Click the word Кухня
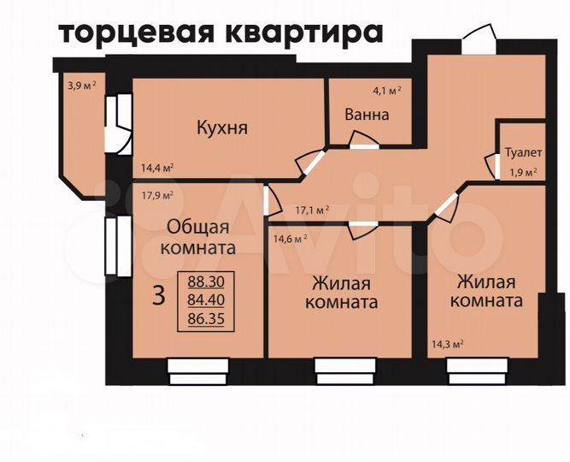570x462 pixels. point(221,128)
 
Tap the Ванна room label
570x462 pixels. point(367,115)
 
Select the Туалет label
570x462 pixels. point(522,153)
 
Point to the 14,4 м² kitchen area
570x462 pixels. point(157,168)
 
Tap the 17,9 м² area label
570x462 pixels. point(157,193)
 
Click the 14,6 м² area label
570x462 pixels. point(289,240)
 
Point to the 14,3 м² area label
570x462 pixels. point(445,345)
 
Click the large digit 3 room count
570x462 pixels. point(158,296)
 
